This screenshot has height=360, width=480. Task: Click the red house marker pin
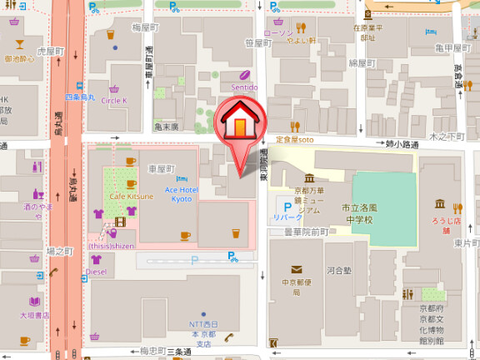(239, 125)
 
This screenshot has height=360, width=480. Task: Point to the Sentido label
(244, 87)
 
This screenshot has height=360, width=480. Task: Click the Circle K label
(114, 100)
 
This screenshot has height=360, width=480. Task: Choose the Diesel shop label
(97, 272)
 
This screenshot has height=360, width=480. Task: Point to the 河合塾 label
(340, 270)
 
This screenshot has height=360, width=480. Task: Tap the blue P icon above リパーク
(279, 203)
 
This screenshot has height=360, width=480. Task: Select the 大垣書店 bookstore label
(35, 315)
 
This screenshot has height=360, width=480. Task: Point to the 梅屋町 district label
(122, 27)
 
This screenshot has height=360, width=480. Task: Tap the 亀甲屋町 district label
(453, 48)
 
